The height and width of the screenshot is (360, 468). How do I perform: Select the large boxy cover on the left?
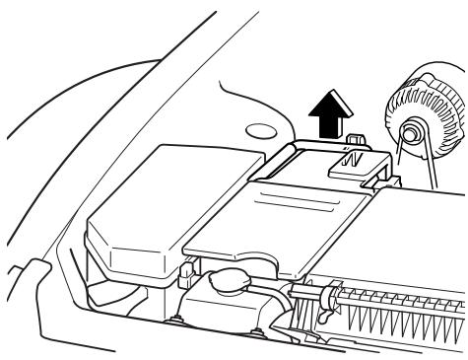coord(148,202)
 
